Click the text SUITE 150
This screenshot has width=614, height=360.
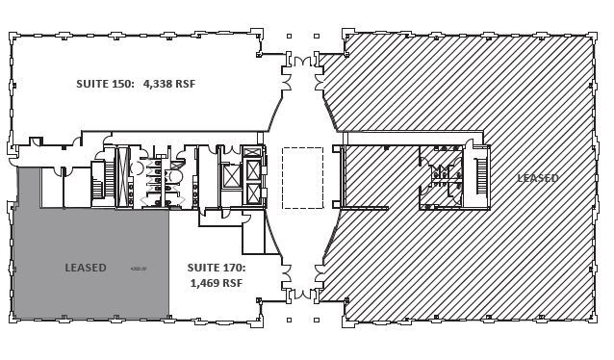107,84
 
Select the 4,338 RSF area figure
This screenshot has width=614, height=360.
169,84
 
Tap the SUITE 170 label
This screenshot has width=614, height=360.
216,268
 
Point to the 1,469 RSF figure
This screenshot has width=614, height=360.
216,283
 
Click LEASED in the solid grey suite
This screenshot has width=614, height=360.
86,268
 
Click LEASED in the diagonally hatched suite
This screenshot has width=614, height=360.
537,178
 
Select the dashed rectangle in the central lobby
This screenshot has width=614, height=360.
302,178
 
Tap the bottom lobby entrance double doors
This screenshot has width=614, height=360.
303,293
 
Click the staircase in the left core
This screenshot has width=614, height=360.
109,177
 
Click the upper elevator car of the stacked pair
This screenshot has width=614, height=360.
254,170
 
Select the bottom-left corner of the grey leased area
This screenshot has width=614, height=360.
14,318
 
